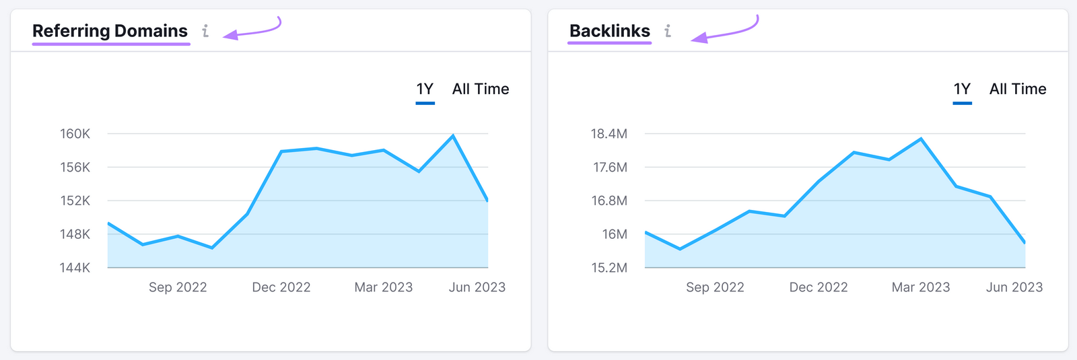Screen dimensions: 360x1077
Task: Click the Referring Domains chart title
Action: point(110,31)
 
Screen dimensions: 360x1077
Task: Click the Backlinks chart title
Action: point(609,31)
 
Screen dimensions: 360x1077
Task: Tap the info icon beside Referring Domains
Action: point(205,31)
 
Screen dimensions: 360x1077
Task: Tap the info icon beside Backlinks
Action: point(667,31)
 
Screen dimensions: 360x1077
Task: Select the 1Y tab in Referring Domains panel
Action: point(425,89)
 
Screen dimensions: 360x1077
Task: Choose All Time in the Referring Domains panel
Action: point(481,89)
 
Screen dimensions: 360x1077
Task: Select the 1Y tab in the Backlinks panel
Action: point(962,89)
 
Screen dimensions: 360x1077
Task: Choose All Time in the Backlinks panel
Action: point(1018,89)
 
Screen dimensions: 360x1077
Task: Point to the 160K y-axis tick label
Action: point(75,134)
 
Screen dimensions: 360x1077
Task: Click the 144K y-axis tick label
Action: point(75,268)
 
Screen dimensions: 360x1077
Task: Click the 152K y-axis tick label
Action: point(75,201)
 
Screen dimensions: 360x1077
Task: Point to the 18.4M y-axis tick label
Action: point(609,134)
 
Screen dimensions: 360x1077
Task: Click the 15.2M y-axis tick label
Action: point(609,268)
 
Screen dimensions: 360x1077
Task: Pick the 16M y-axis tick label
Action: point(615,234)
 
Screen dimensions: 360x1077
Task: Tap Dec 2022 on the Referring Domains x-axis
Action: point(281,287)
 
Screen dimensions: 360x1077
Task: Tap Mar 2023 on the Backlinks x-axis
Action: point(920,287)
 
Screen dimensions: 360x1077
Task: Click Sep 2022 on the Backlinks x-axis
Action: point(715,287)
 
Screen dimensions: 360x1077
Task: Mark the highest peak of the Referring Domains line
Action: point(453,136)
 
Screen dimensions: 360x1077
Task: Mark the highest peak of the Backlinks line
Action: point(921,139)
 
